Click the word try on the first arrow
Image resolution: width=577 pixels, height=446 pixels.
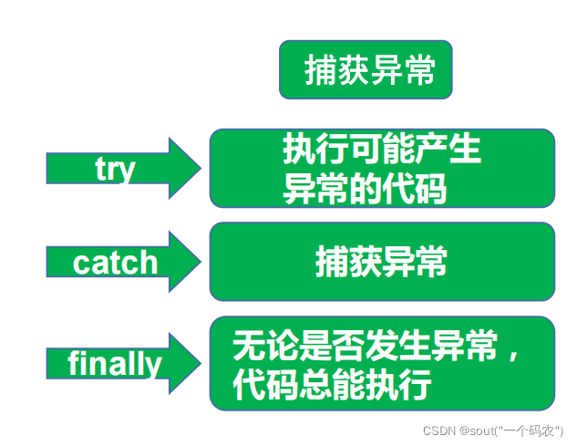pos(116,169)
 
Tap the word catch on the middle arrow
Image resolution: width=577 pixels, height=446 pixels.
pos(116,263)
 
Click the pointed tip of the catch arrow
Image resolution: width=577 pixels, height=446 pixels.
pos(200,262)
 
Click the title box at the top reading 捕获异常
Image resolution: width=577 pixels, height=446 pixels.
pos(366,69)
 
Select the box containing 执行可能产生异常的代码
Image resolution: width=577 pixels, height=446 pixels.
pos(382,168)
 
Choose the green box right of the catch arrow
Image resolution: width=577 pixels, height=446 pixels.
pos(382,262)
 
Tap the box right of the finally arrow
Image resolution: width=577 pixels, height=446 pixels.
pos(382,363)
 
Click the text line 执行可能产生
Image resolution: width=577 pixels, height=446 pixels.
pos(382,150)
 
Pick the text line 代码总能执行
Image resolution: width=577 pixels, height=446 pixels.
pos(332,384)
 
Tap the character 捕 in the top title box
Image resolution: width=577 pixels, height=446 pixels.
pos(319,70)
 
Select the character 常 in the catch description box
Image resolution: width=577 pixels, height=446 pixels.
pos(431,262)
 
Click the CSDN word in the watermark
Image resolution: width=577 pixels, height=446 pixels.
pos(439,430)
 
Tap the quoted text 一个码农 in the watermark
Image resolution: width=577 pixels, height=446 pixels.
pos(539,430)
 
